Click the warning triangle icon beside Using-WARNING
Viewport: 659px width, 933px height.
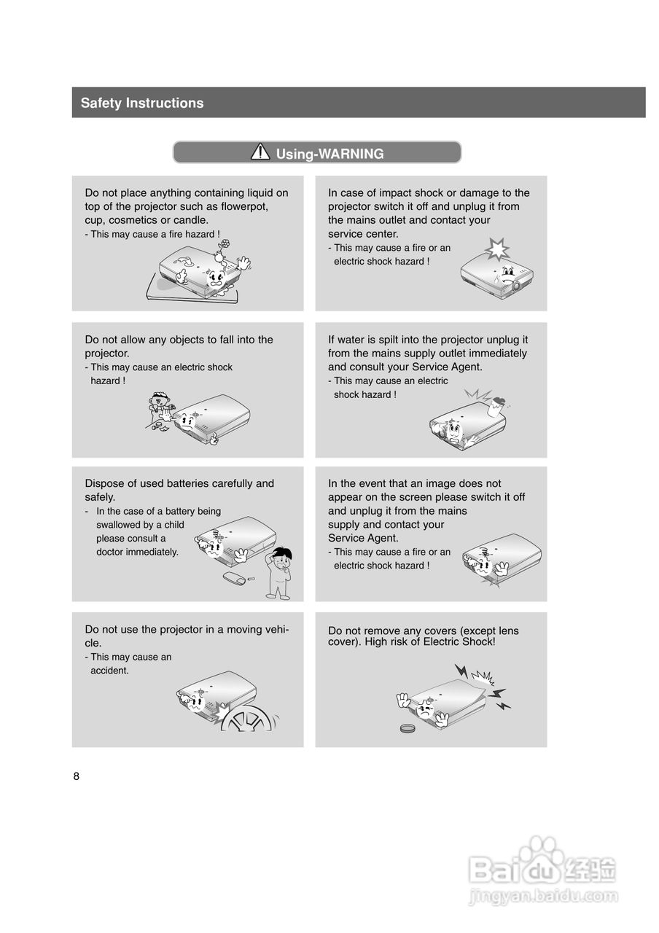260,152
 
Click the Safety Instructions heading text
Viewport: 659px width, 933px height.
142,103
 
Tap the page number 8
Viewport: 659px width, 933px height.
77,776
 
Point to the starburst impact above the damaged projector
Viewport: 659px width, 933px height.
497,249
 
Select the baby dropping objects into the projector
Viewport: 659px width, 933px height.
161,407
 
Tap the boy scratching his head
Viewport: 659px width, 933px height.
279,573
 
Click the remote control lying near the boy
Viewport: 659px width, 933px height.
235,578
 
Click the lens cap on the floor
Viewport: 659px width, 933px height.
407,728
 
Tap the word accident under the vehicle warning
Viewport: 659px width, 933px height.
109,671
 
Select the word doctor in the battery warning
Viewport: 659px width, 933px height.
109,552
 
